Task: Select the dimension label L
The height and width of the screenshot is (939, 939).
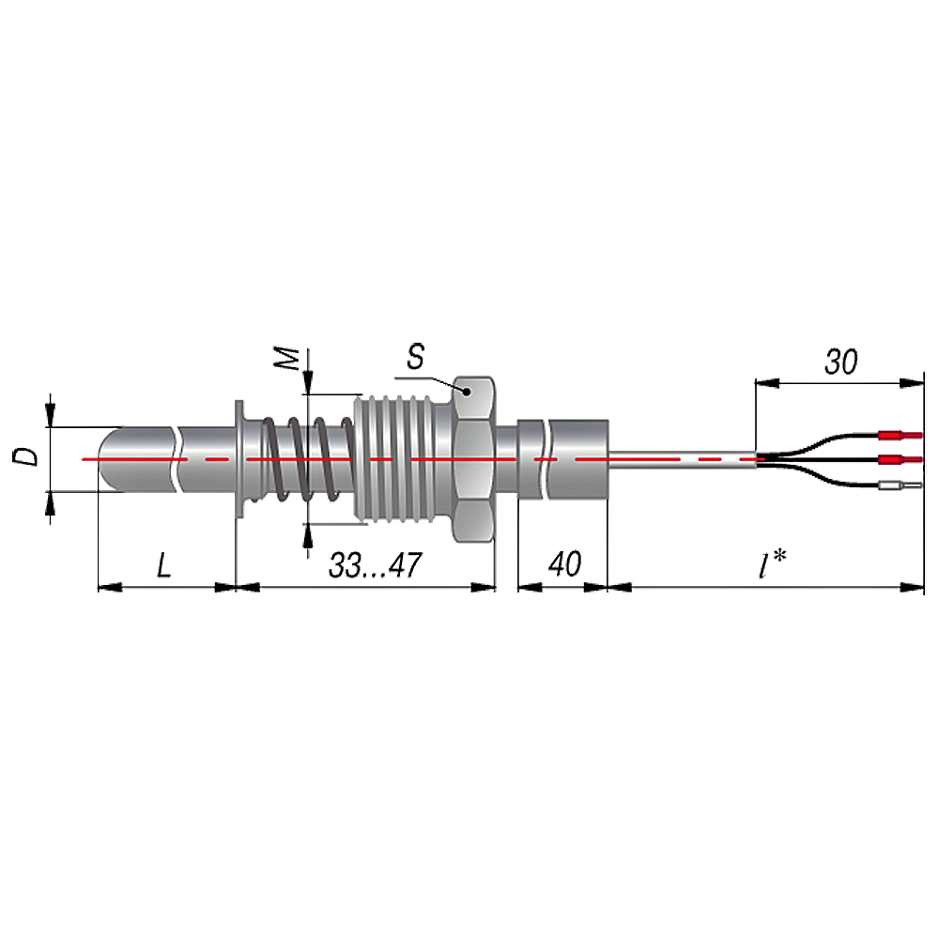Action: pos(164,566)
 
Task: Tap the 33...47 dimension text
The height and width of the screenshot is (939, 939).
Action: pos(375,565)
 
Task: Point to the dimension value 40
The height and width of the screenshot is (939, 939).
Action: pos(564,564)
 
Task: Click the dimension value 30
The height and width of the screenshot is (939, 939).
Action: pos(840,362)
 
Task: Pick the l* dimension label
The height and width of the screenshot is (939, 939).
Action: pos(772,564)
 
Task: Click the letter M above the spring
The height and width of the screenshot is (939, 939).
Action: pos(287,358)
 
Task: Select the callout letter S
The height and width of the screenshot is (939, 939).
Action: pos(416,356)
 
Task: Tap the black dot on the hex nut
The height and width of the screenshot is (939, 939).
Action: pos(467,391)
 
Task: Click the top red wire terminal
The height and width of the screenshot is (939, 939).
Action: pos(901,436)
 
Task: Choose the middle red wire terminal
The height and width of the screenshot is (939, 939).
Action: pos(901,460)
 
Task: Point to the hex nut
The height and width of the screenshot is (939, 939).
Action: pos(473,459)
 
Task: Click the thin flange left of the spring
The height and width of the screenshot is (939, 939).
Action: pos(239,459)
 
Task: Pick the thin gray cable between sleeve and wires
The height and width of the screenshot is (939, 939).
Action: pos(682,459)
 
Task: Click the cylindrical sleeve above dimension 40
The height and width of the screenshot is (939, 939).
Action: pos(562,459)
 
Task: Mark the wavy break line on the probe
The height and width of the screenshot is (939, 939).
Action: pos(177,459)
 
